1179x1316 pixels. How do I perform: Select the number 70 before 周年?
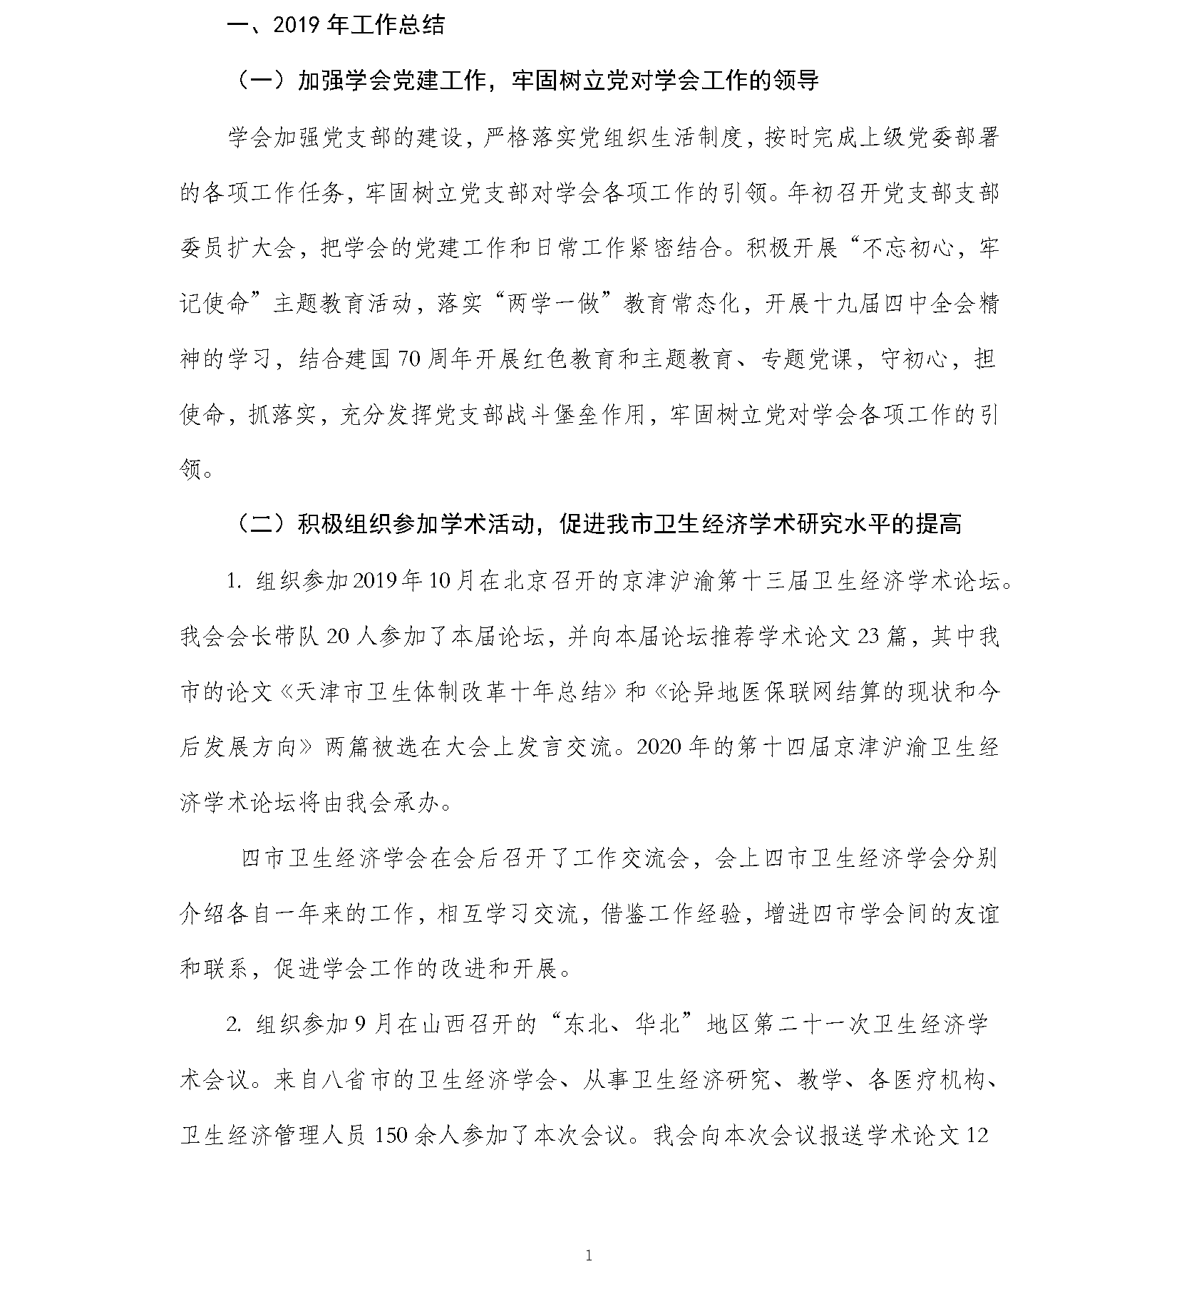coord(411,359)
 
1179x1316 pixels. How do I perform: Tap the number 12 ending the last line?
coord(977,1136)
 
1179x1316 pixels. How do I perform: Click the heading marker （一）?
coord(261,81)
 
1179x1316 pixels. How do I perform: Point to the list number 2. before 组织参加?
coord(235,1025)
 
